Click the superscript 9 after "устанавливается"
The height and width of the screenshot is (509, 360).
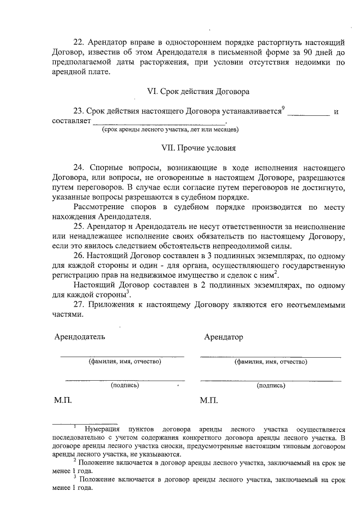283,107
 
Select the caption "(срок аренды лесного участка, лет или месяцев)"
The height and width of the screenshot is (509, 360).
170,129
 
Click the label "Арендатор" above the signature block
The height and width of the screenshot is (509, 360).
224,337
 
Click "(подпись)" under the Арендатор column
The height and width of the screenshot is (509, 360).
271,385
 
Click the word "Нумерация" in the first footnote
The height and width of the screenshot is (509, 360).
102,429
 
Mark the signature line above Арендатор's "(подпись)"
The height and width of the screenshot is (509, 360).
271,381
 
